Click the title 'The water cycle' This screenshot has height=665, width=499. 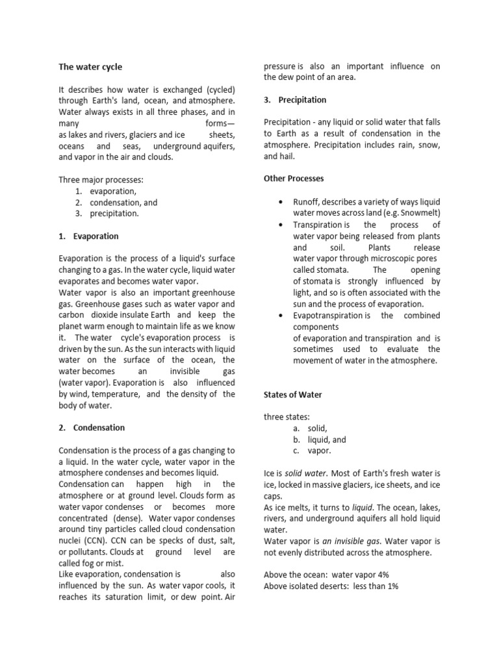(90, 67)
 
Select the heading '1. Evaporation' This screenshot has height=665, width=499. (88, 236)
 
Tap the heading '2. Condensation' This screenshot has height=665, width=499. (91, 427)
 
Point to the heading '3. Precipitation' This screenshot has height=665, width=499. (295, 100)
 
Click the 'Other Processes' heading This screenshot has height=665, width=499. (294, 178)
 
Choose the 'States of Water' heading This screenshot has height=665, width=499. (292, 394)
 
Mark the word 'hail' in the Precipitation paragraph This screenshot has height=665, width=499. (287, 157)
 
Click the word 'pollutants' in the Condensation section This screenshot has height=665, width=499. (88, 551)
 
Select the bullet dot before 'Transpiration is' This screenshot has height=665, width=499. (279, 225)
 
